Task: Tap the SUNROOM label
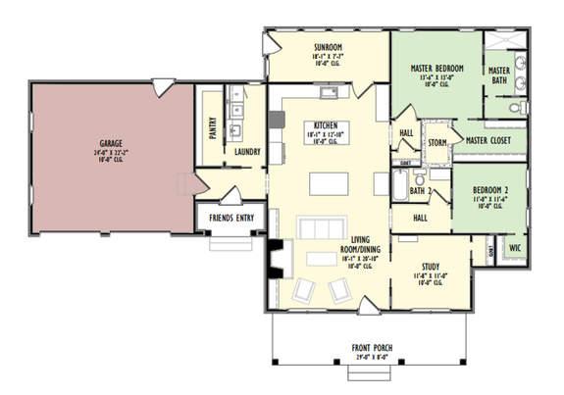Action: point(328,47)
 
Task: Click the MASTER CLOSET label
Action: point(489,140)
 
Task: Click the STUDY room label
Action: point(431,265)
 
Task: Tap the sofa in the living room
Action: point(319,229)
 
